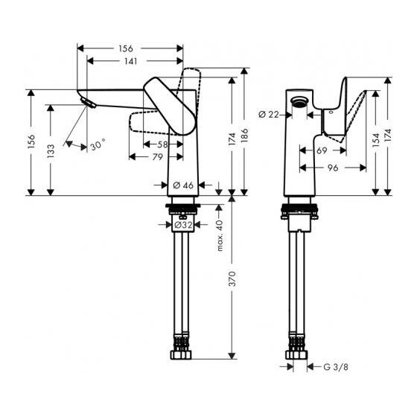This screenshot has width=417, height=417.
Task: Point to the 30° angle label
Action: click(98, 146)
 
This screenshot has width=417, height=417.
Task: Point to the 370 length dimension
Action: click(233, 280)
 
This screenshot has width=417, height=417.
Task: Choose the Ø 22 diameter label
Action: click(270, 114)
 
